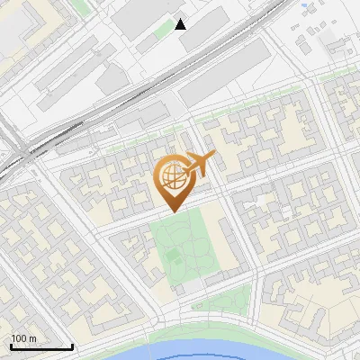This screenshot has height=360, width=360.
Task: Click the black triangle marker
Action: click(181, 24)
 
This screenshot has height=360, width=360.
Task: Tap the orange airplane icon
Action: click(199, 164)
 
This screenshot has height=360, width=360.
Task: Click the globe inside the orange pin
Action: click(171, 178)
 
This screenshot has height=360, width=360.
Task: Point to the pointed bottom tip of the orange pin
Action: click(172, 211)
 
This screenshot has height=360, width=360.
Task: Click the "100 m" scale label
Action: click(23, 338)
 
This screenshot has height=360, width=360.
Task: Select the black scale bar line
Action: click(41, 346)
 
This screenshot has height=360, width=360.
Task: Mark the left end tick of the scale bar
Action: click(11, 345)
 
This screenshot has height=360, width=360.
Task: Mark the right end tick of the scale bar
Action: click(72, 345)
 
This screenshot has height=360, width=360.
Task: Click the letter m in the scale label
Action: click(32, 338)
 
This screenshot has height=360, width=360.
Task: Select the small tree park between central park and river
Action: click(225, 299)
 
